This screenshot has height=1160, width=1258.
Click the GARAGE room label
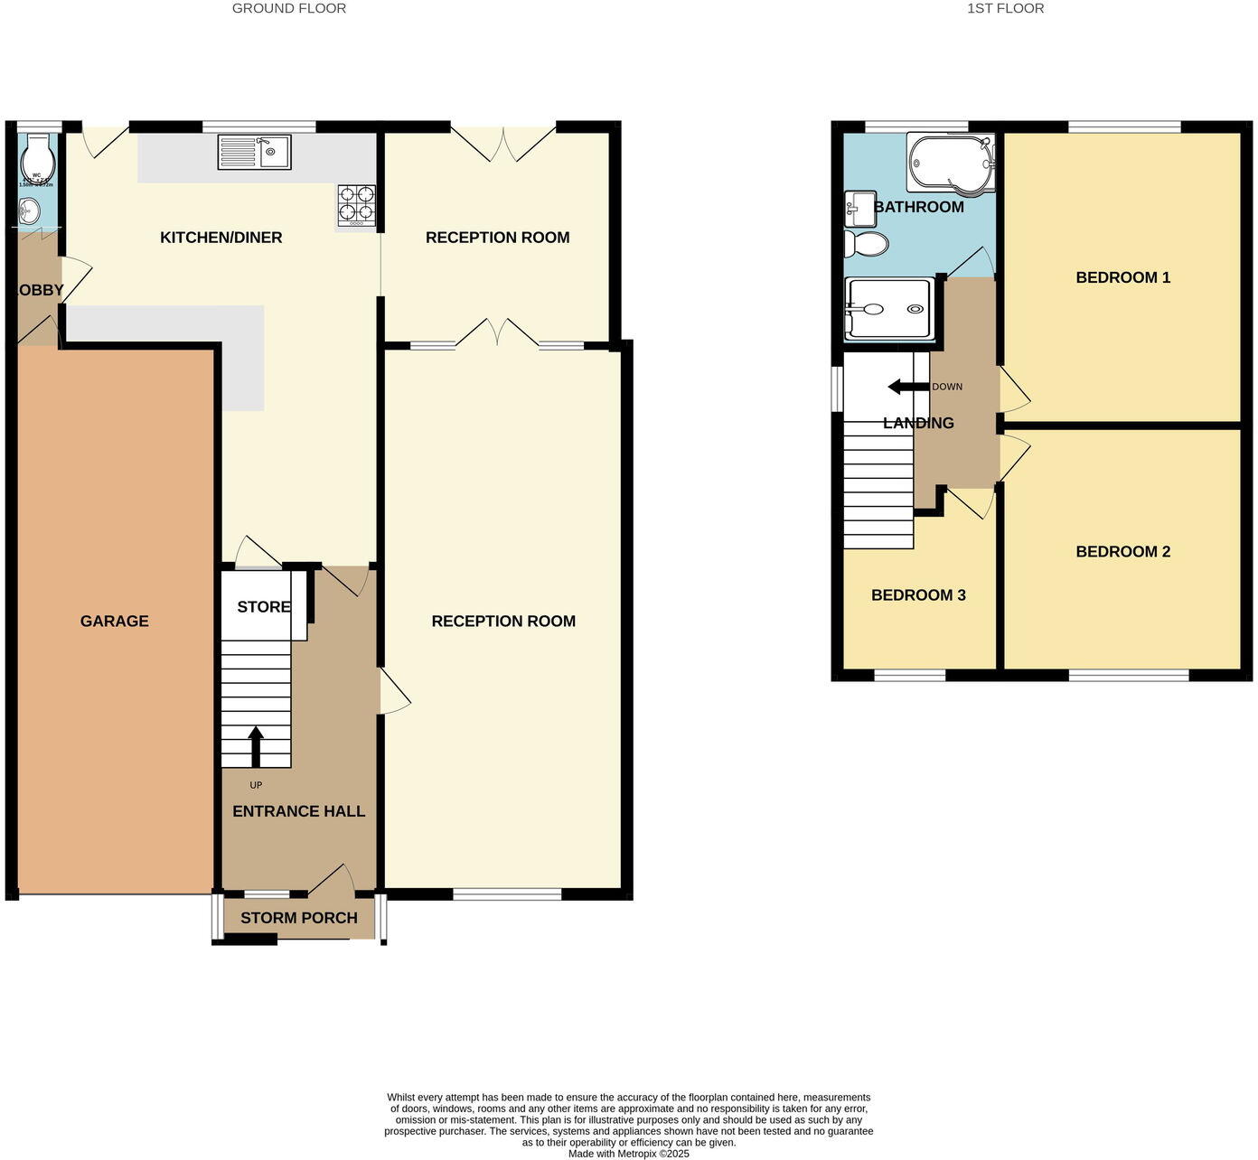114,621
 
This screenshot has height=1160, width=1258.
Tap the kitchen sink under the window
254,152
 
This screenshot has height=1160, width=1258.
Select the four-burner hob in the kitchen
356,205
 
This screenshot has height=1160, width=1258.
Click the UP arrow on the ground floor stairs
256,746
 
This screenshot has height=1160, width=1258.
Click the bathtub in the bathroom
950,163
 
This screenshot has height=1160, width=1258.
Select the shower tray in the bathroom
888,309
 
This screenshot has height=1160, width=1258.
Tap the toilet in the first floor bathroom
866,244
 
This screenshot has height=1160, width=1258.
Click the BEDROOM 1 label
1122,277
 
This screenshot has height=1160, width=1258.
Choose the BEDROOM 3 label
918,594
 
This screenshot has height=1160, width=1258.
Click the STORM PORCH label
299,918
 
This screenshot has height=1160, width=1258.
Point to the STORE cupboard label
264,607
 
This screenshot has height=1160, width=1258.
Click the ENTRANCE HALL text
299,811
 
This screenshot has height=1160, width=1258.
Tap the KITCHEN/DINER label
221,238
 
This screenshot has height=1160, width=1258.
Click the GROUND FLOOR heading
289,8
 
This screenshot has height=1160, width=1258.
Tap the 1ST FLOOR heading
1005,8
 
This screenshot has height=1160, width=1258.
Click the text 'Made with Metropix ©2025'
628,1154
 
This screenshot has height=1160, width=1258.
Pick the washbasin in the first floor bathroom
859,209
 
